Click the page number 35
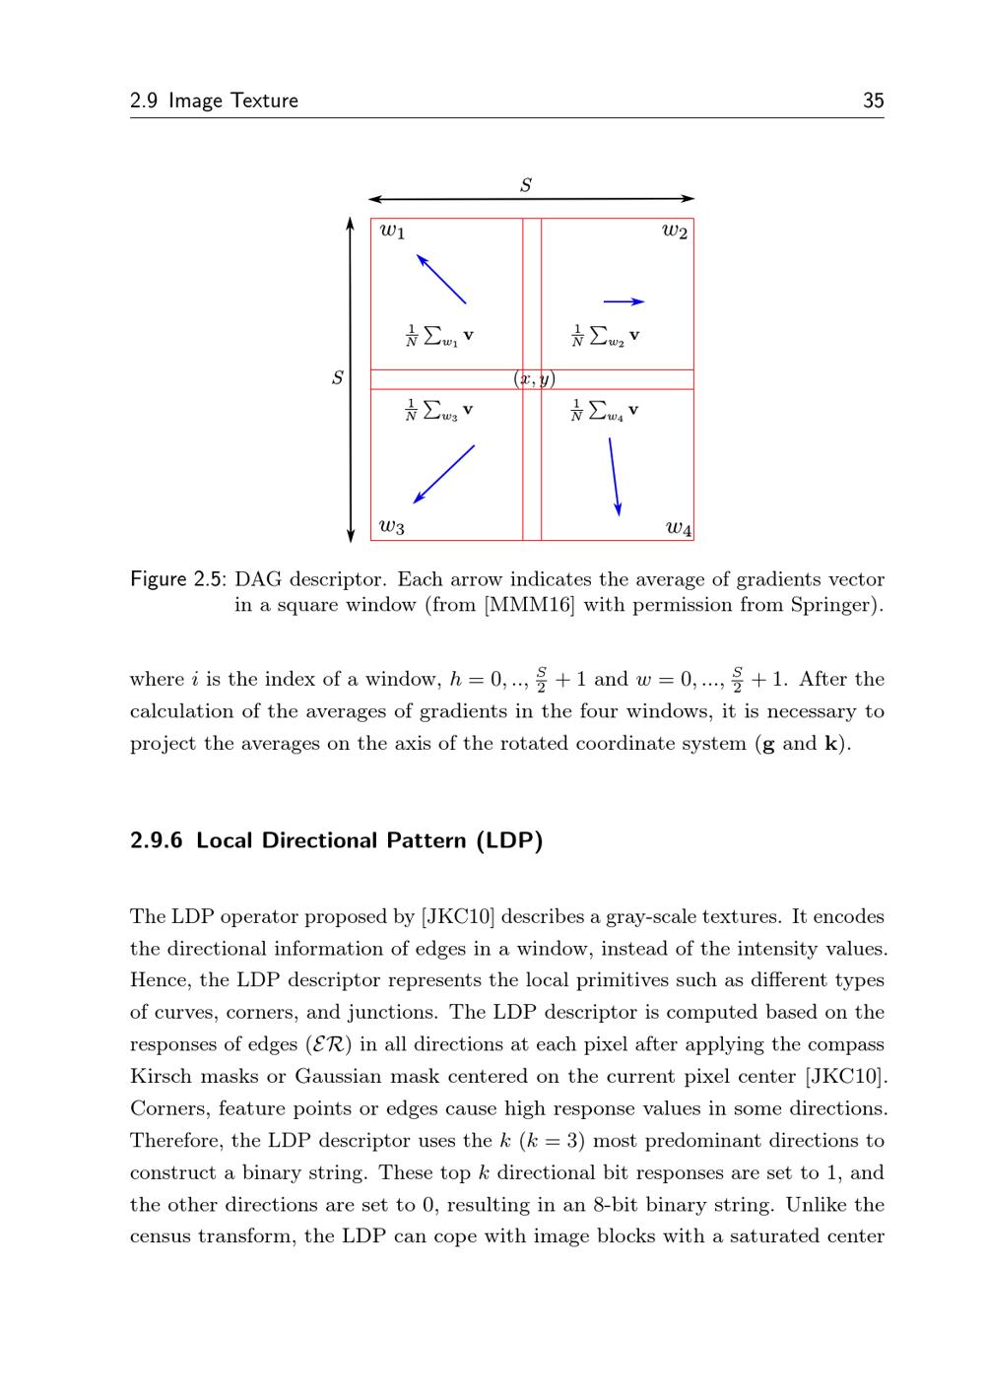coord(873,100)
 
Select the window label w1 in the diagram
coord(392,232)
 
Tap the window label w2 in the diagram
coord(675,232)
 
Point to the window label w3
coord(392,527)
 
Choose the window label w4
coord(679,529)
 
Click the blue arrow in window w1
coord(441,279)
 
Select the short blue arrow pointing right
coord(624,301)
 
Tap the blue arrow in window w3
coord(444,474)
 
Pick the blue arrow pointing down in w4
coord(614,476)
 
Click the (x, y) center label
coord(534,379)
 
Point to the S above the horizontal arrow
coord(526,184)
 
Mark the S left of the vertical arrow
coord(338,377)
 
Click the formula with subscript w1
coord(439,336)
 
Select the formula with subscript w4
coord(605,411)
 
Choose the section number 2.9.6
coord(157,840)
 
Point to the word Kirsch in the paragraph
coord(161,1076)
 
